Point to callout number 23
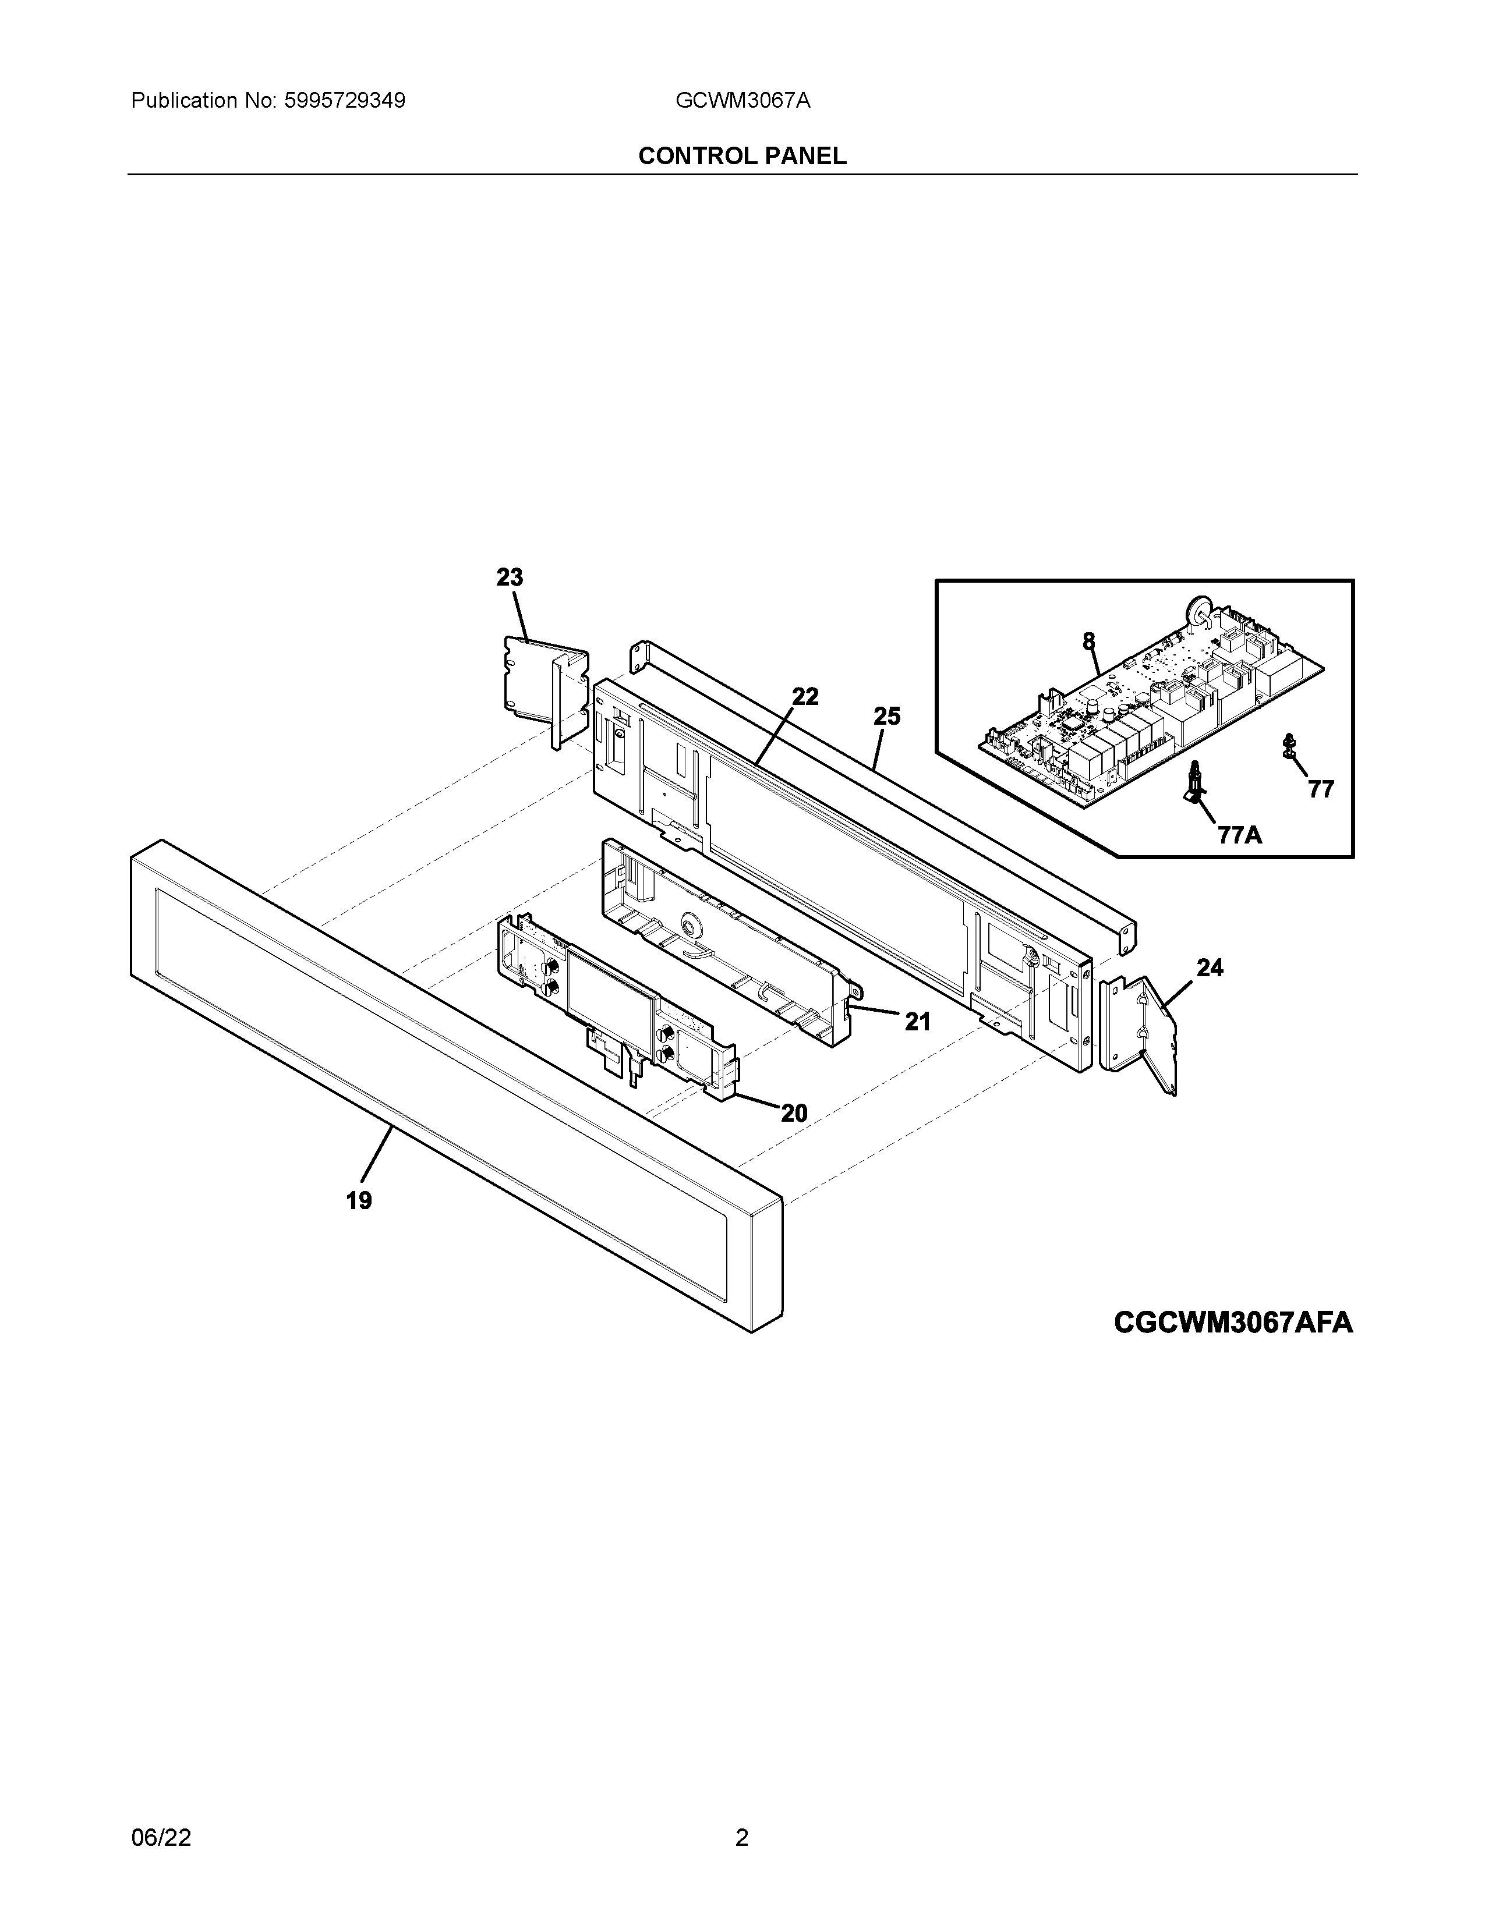pos(510,578)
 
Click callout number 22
pos(805,697)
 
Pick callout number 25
pos(887,717)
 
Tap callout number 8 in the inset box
pos(1089,641)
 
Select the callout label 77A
pos(1240,835)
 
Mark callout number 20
pos(794,1114)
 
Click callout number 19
pos(359,1200)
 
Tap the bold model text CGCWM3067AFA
pos(1232,1348)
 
